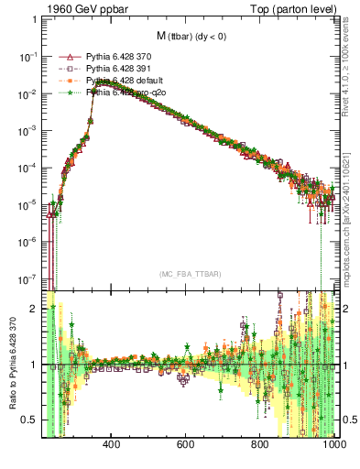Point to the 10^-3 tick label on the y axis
click(x=29, y=131)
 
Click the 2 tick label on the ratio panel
click(x=34, y=309)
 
